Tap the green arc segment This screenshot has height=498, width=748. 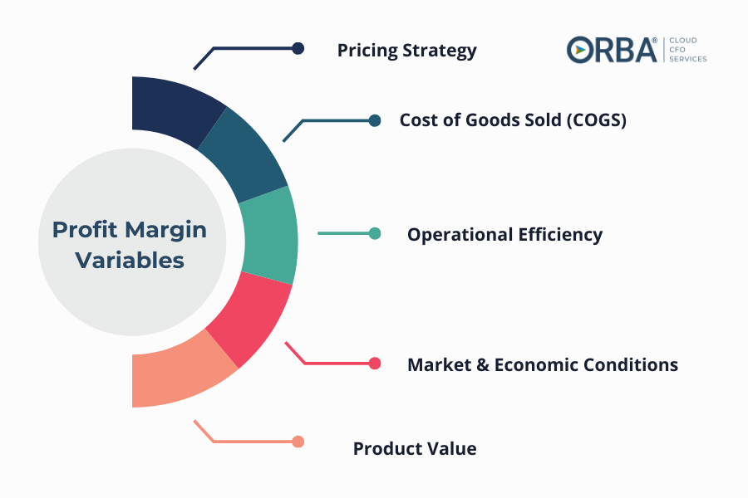tap(269, 236)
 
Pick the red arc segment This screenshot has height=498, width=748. tap(250, 317)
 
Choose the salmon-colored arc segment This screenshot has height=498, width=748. tap(179, 372)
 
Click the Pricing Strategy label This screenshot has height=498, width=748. tap(407, 51)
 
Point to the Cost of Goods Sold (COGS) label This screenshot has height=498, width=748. tap(513, 120)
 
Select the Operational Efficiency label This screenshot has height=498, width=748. tap(504, 235)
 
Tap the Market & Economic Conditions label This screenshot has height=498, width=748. tap(543, 364)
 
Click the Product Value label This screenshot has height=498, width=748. tap(415, 448)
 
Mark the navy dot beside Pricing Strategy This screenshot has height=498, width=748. tap(298, 48)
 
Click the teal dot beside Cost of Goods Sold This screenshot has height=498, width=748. tap(375, 120)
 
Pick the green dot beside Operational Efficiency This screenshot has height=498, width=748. tap(375, 233)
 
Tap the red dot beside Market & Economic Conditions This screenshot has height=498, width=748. tap(375, 364)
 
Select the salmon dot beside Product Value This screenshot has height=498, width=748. tap(298, 442)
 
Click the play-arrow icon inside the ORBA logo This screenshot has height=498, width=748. tap(580, 50)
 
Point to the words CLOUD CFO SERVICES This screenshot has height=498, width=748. tap(688, 50)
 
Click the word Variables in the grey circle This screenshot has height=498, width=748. tap(130, 261)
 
